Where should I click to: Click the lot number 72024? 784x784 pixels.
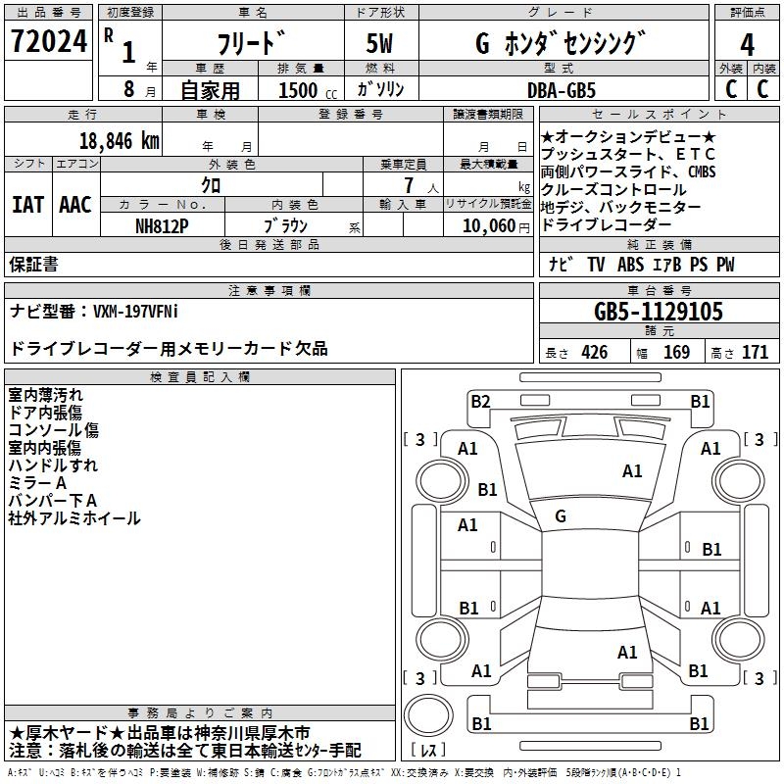pyautogui.click(x=49, y=43)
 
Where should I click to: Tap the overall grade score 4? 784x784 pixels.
pyautogui.click(x=747, y=44)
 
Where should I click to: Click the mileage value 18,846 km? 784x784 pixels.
pyautogui.click(x=117, y=140)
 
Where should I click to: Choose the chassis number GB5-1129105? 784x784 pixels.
pyautogui.click(x=659, y=313)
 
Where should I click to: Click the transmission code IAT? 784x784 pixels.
pyautogui.click(x=27, y=205)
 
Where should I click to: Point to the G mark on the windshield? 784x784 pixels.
pyautogui.click(x=560, y=516)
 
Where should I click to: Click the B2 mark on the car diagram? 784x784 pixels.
pyautogui.click(x=480, y=401)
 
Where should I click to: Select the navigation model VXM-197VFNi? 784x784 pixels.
pyautogui.click(x=135, y=311)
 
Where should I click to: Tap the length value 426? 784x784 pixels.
pyautogui.click(x=594, y=353)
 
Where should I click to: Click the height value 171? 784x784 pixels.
pyautogui.click(x=755, y=353)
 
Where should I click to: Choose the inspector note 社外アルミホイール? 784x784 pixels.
pyautogui.click(x=74, y=518)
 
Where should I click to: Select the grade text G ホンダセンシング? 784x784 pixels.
pyautogui.click(x=561, y=44)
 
